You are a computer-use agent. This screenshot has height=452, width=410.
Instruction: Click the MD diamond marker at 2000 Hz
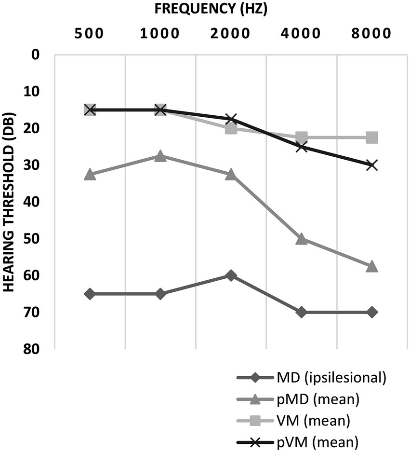231,275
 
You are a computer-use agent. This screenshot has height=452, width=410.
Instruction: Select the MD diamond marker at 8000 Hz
371,312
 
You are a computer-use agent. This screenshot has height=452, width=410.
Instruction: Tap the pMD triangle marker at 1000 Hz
160,156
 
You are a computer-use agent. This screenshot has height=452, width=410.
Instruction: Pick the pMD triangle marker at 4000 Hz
301,239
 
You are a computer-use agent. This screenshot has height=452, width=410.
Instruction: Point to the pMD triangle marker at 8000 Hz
371,267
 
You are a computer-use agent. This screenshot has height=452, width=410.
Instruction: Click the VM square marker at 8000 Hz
371,137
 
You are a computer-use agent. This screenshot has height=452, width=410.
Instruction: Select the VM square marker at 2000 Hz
231,128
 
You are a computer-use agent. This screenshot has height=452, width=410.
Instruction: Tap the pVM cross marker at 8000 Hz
371,165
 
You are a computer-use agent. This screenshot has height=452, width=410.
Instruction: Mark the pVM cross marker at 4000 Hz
301,147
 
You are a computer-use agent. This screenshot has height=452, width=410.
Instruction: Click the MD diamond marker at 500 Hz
90,294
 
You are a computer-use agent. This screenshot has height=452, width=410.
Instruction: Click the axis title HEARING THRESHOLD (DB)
11,202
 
